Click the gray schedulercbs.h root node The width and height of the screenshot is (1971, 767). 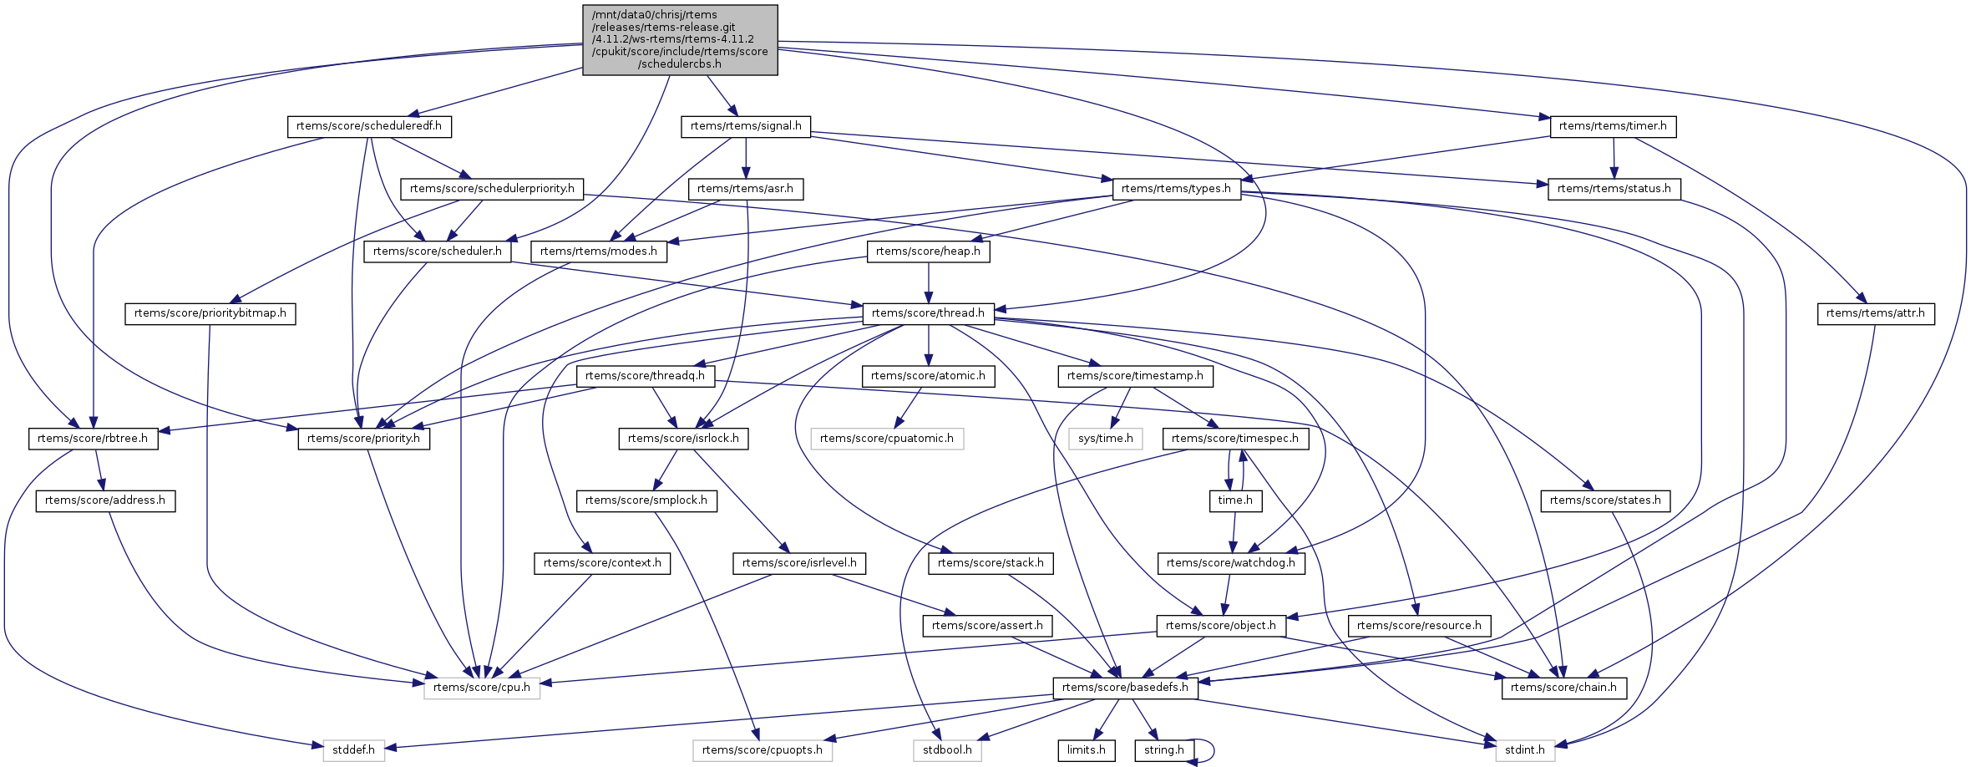[x=680, y=39]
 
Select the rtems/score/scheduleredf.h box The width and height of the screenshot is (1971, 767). [x=369, y=126]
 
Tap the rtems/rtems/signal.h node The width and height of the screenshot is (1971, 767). [x=746, y=126]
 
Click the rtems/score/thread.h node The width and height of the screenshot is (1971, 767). [x=928, y=313]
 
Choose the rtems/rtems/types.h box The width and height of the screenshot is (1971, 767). [x=1176, y=189]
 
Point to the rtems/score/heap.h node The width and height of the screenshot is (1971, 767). [x=928, y=251]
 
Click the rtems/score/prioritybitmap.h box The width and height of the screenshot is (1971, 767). [x=210, y=313]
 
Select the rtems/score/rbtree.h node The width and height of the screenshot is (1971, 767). [x=93, y=439]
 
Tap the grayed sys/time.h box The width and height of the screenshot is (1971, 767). [x=1105, y=439]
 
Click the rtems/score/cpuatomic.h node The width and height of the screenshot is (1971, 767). [x=886, y=439]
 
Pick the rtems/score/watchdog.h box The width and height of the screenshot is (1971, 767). [x=1231, y=563]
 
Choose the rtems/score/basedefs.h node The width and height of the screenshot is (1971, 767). [x=1124, y=688]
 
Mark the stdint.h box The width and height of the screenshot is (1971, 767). [x=1524, y=750]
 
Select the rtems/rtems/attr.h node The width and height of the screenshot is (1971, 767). [x=1875, y=313]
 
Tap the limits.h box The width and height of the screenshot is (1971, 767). [x=1086, y=750]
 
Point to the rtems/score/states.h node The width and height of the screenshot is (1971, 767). [x=1604, y=500]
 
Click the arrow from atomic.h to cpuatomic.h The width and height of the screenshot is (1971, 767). [x=908, y=407]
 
